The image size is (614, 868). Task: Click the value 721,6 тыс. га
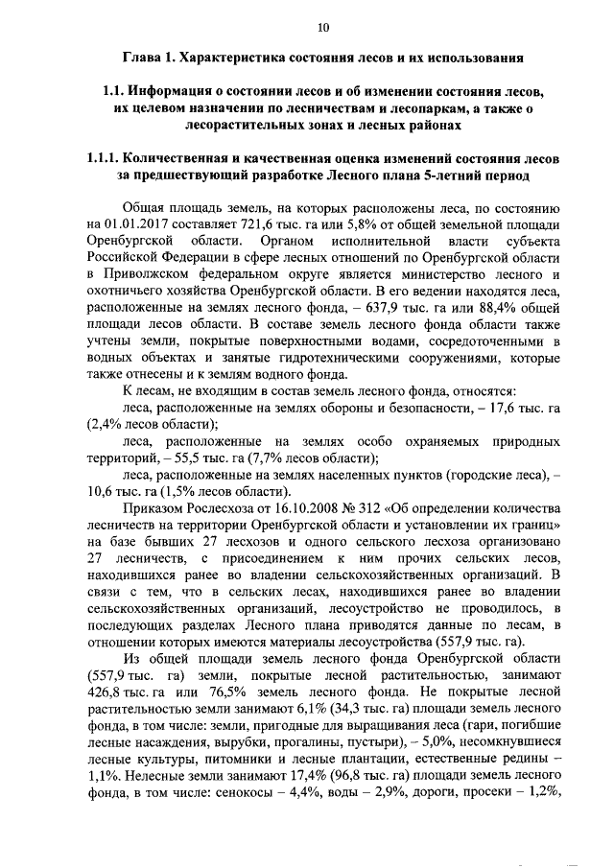coord(262,223)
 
